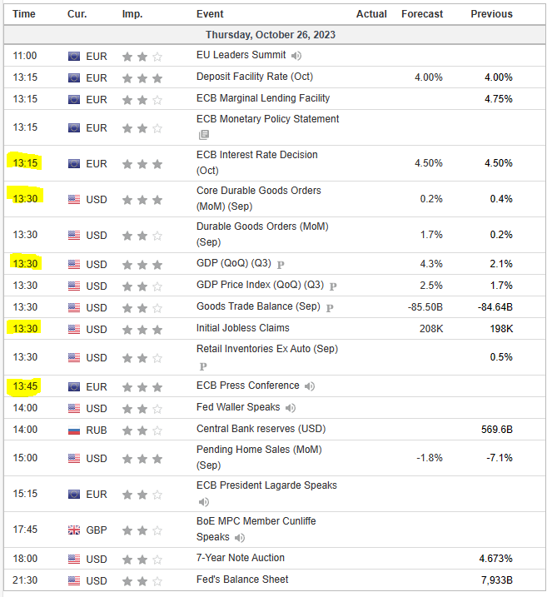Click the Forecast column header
point(421,13)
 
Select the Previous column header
point(491,13)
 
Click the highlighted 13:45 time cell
point(25,386)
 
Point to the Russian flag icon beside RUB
point(74,430)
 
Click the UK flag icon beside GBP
point(74,530)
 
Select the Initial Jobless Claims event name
point(243,328)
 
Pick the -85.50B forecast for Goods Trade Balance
point(425,307)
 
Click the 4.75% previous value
point(498,99)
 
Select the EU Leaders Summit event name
point(241,55)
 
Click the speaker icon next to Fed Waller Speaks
point(291,408)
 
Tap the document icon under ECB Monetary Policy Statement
point(203,135)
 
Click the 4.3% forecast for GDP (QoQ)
point(430,264)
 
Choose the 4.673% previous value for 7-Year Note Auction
point(495,558)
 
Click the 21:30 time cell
point(25,580)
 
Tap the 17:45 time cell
point(25,530)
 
